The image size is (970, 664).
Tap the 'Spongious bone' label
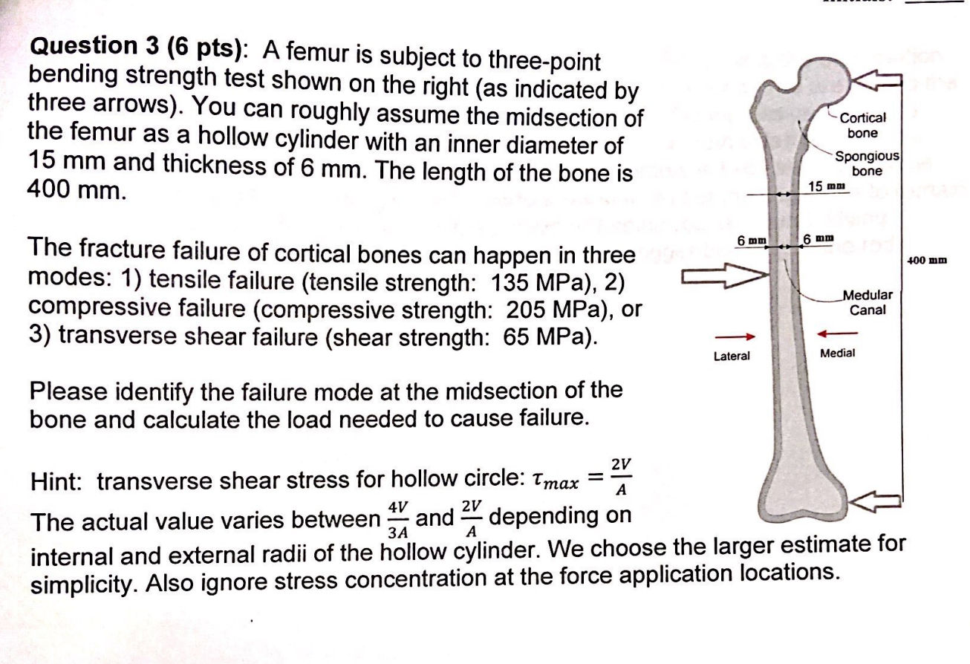point(867,163)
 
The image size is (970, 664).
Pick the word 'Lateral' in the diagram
point(732,357)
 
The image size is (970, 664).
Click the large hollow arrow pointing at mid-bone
point(719,278)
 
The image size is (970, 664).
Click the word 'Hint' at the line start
point(56,483)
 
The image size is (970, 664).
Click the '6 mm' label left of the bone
point(751,241)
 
